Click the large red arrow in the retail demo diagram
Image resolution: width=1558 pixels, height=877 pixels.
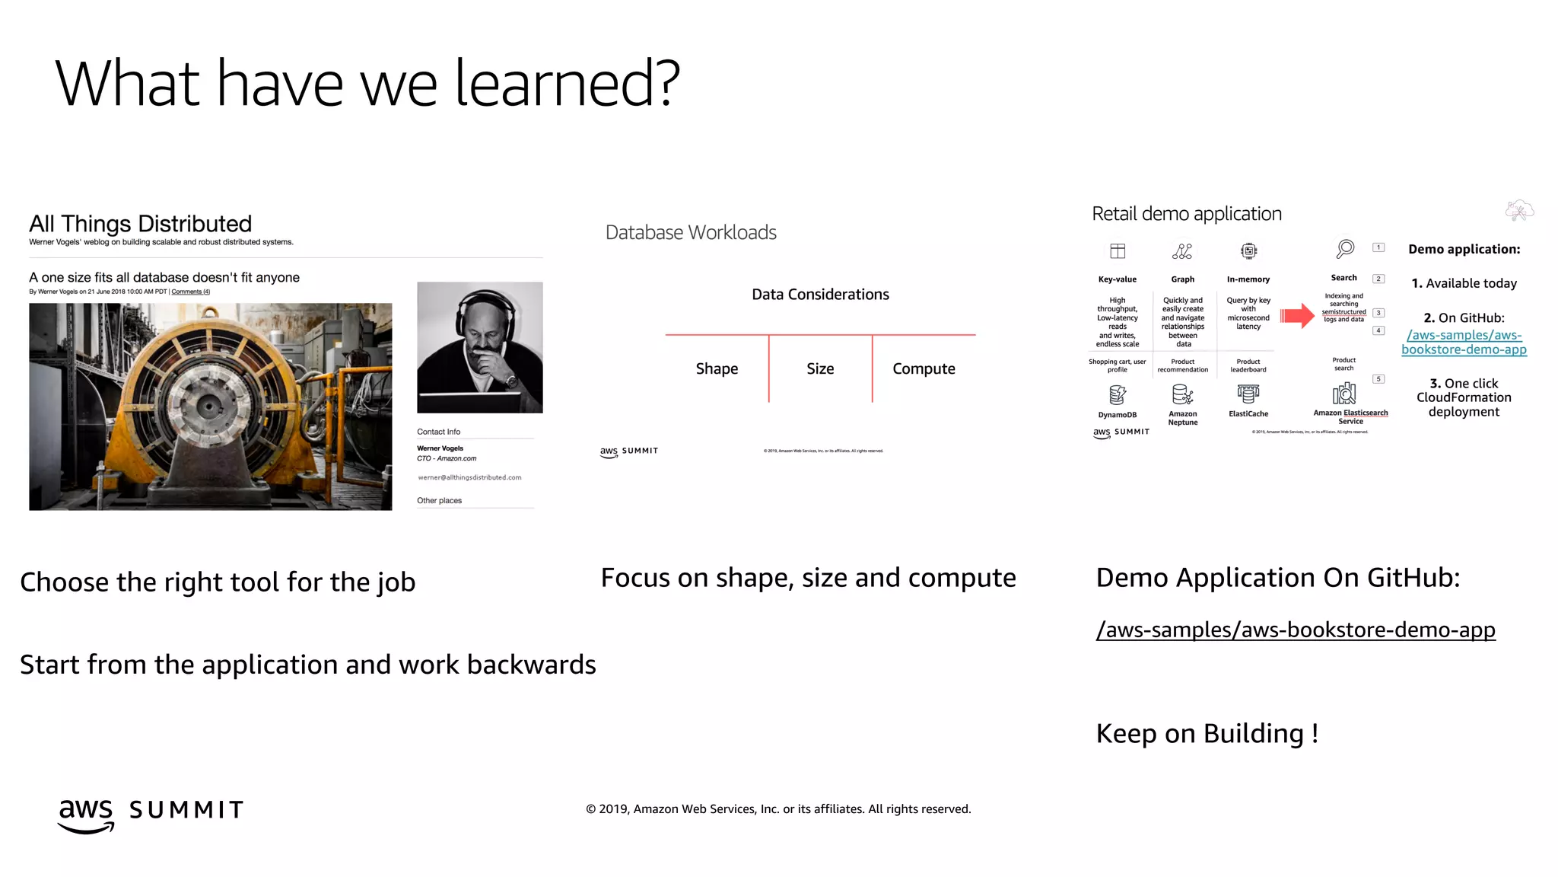coord(1297,315)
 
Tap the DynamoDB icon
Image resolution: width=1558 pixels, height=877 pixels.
coord(1117,394)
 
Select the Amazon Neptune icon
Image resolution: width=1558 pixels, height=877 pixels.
coord(1182,394)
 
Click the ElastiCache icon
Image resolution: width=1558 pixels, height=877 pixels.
coord(1248,394)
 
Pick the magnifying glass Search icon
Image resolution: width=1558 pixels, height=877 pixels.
coord(1345,249)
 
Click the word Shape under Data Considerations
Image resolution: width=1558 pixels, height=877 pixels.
coord(717,368)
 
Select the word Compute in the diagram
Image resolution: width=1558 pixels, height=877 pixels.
coord(924,368)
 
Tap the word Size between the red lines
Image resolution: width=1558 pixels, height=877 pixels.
coord(820,368)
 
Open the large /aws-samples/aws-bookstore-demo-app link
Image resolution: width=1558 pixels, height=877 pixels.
coord(1295,630)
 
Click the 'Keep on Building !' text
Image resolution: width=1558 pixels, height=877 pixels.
coord(1207,733)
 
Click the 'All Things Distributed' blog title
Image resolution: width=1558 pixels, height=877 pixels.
coord(140,224)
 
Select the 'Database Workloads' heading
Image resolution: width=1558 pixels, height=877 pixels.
coord(691,232)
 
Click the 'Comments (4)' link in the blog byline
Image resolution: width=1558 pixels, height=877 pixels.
coord(190,292)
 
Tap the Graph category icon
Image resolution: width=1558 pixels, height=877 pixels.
coord(1182,251)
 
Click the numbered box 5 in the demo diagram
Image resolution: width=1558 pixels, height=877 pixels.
coord(1378,379)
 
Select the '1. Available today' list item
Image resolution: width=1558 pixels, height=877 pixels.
coord(1464,283)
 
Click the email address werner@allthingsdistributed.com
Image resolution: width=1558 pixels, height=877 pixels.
coord(469,477)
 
